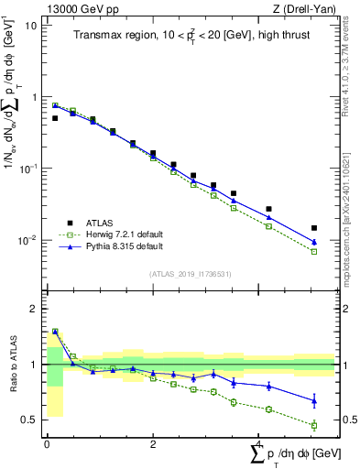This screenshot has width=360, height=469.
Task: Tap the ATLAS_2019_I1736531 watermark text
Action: coord(190,273)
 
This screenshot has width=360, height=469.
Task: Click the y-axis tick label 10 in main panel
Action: coord(30,25)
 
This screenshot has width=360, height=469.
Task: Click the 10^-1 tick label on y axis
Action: coord(27,169)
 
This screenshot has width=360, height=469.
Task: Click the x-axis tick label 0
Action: coord(47,443)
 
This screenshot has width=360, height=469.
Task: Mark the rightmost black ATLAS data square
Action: coord(314,228)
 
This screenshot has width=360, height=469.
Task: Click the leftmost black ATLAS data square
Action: coord(55,118)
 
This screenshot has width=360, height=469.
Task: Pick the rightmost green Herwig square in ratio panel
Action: coord(314,425)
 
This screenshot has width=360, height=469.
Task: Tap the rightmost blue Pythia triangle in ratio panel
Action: coord(314,400)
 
